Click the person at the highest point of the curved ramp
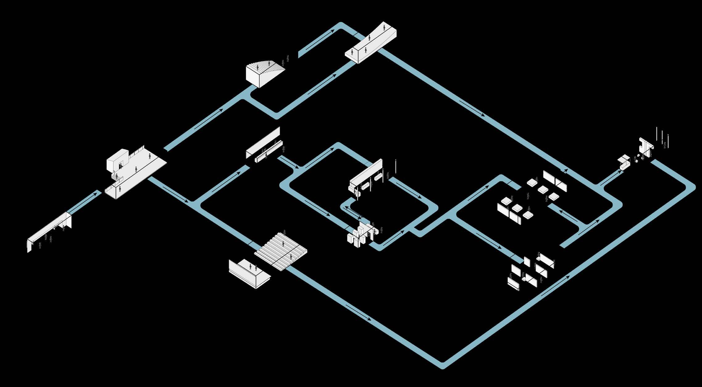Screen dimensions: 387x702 pos(384,27)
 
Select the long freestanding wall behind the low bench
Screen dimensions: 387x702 pos(263,142)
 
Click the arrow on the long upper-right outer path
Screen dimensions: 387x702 pos(472,108)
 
